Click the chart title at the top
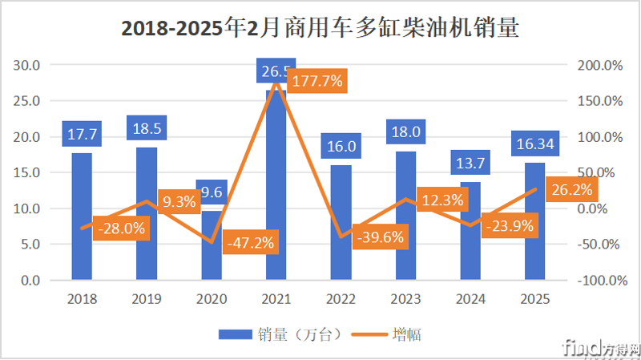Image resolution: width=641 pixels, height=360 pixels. (x=320, y=30)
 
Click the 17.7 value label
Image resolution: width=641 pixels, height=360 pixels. (x=82, y=133)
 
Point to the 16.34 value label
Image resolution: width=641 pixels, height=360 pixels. (x=535, y=144)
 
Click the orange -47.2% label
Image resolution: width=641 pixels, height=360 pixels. (x=251, y=241)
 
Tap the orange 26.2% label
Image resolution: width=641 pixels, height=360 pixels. (x=571, y=190)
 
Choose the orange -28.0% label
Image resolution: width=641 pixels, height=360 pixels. (x=121, y=229)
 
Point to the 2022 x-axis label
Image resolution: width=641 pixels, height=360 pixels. (x=341, y=299)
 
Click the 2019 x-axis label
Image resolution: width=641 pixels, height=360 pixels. (x=147, y=299)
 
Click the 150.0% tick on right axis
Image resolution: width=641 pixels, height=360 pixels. (x=600, y=101)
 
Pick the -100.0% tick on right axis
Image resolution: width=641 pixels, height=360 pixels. (x=599, y=281)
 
